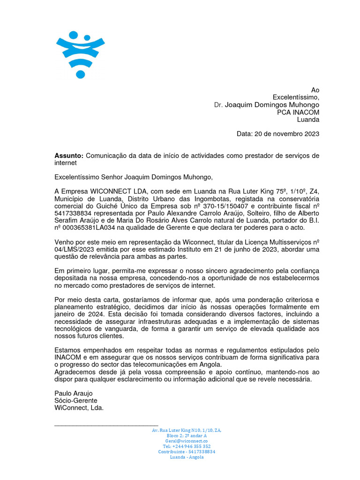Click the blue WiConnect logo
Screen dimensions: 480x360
coord(80,53)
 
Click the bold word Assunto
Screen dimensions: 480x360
coord(68,156)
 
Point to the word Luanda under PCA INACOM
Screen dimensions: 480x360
coord(308,120)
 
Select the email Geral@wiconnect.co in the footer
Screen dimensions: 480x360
coord(187,441)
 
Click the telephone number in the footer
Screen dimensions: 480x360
coord(187,446)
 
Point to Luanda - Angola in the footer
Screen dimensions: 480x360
coord(187,457)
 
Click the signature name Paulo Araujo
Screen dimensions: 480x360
coord(74,393)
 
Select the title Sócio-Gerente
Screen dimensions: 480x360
coord(76,400)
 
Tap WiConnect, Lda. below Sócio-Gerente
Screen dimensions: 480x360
coord(79,408)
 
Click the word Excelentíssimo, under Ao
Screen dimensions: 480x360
coord(296,97)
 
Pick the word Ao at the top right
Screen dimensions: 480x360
coord(315,90)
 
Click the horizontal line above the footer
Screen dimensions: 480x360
coord(106,426)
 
